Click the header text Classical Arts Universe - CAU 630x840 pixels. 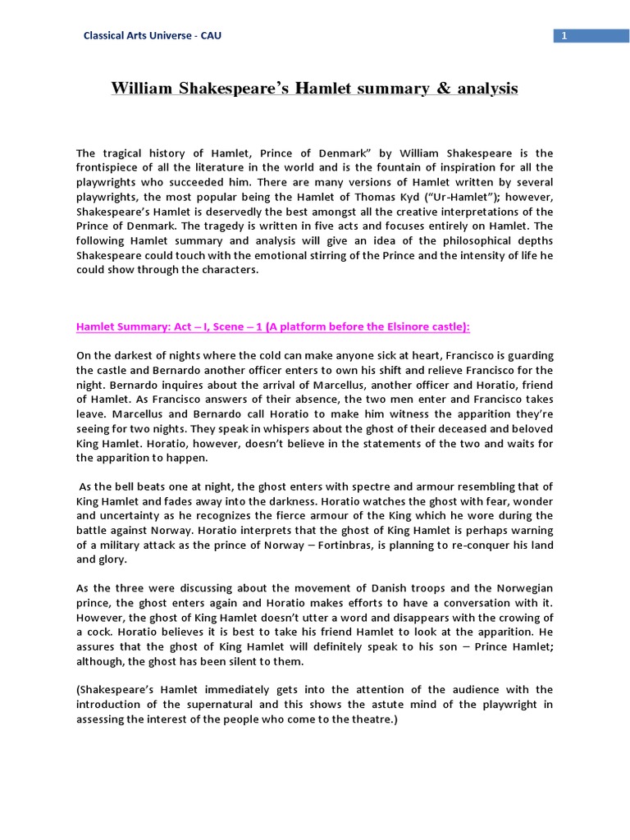[153, 35]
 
